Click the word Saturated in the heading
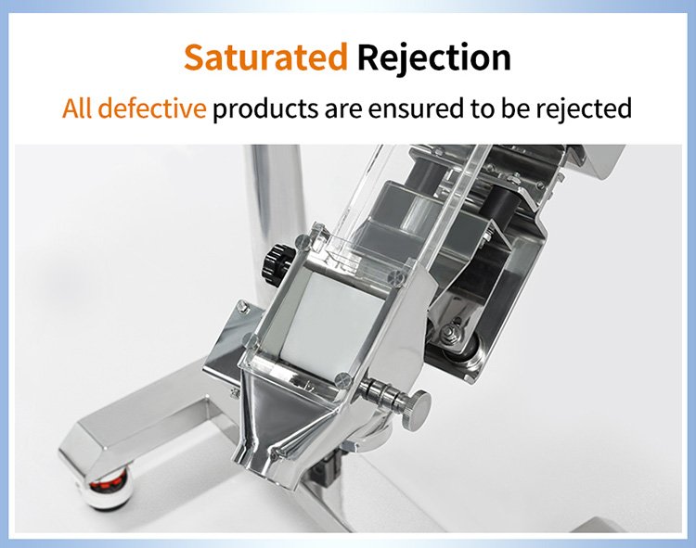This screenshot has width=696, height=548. click(x=265, y=58)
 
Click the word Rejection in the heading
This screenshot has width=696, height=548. click(x=433, y=58)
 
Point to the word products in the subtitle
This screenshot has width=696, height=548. click(x=264, y=108)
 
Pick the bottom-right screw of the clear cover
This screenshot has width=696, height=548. click(x=342, y=378)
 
